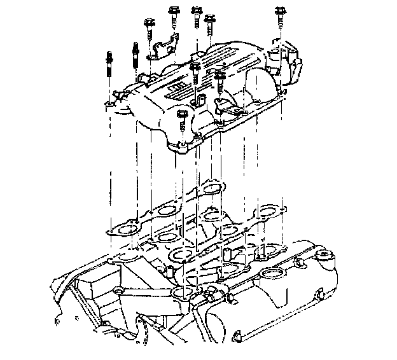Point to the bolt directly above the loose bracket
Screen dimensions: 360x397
coord(172,15)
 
